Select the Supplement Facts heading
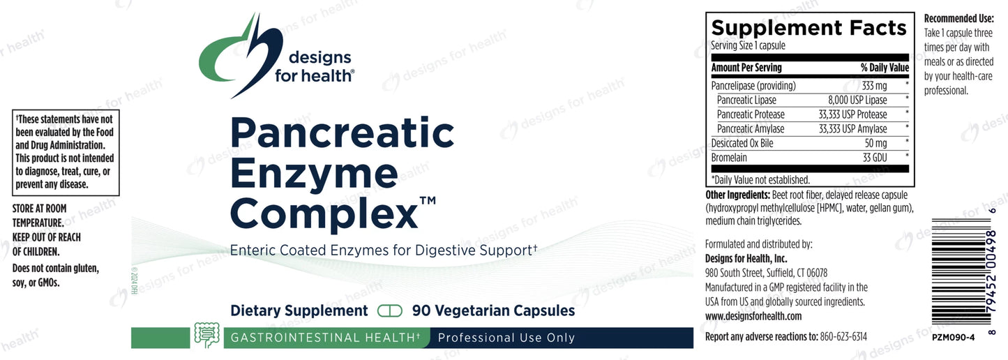click(808, 28)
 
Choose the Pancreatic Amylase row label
click(751, 128)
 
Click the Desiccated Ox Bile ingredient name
click(742, 143)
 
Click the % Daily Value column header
click(885, 68)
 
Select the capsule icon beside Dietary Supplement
click(389, 310)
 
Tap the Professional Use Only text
click(506, 338)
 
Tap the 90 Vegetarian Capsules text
click(493, 310)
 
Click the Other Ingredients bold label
click(737, 195)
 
